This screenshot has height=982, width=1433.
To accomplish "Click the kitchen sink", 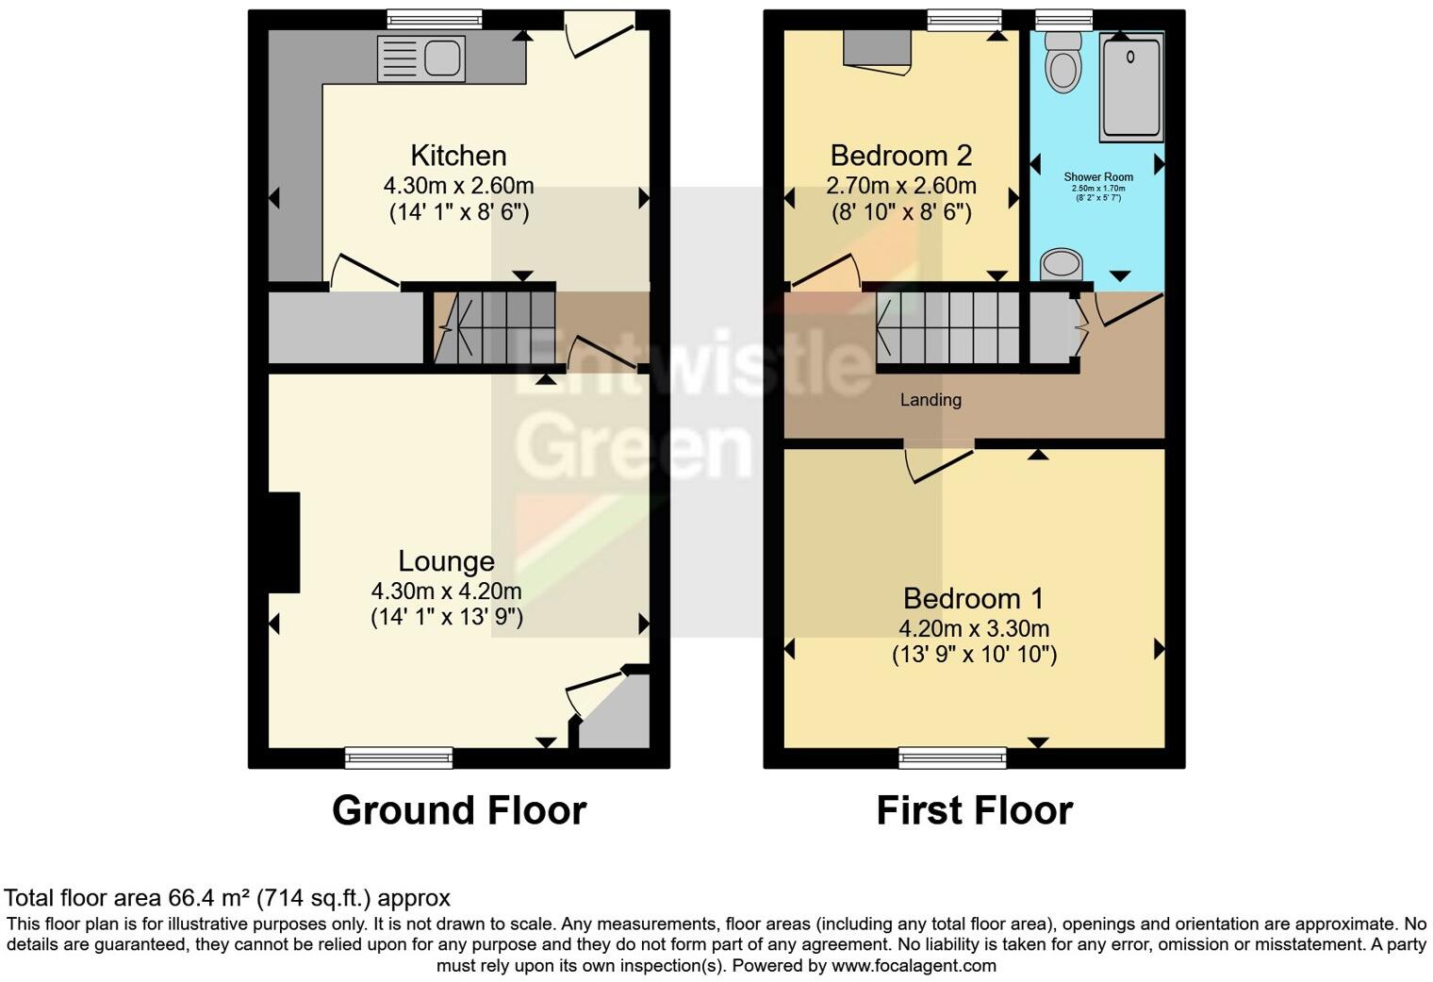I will [420, 58].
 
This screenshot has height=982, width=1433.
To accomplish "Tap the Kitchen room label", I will [458, 156].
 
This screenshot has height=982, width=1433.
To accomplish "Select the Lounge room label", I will [446, 561].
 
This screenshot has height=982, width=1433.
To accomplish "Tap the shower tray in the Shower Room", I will [1131, 87].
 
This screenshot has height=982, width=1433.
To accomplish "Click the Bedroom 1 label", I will [974, 599].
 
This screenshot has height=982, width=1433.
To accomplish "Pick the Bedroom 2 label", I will [900, 156].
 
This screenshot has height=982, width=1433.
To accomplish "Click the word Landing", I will [931, 400].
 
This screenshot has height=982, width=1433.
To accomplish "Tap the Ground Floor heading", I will [459, 811].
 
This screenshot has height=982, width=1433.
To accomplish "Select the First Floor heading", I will [974, 811].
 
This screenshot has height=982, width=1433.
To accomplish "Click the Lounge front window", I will [399, 757].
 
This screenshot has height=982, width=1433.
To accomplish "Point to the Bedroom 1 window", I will [952, 757].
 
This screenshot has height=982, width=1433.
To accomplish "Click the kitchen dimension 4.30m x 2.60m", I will [458, 186].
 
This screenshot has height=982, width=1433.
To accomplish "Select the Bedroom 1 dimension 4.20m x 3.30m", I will [974, 629].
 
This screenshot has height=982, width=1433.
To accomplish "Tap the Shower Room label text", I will [1098, 177].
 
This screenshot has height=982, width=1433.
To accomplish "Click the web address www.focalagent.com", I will [914, 966].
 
